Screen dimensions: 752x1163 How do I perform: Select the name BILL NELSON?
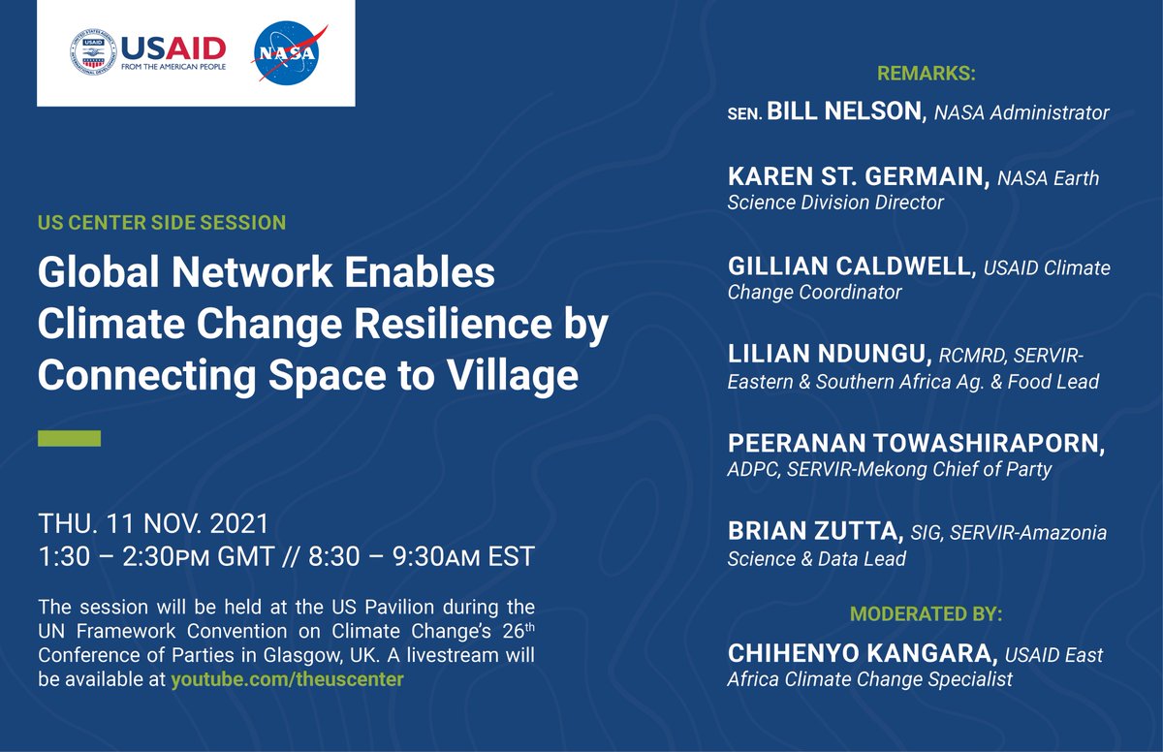click(x=843, y=112)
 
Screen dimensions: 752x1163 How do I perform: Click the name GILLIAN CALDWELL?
click(x=850, y=267)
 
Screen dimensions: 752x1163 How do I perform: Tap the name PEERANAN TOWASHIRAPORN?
click(x=916, y=445)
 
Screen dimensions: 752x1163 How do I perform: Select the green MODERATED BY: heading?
click(x=926, y=614)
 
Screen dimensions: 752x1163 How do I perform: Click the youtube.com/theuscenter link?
click(x=287, y=679)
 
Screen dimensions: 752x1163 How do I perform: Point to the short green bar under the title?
click(x=69, y=438)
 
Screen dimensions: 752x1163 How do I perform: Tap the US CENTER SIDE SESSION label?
click(x=162, y=223)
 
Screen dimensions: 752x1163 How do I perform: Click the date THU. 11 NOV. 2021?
click(x=153, y=525)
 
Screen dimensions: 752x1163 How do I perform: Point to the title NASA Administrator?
click(x=1022, y=113)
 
